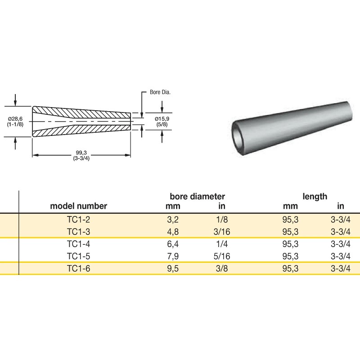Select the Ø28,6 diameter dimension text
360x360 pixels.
[16, 118]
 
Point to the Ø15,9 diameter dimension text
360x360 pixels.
[162, 118]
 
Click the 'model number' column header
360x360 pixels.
[79, 207]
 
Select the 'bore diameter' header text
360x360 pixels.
[197, 197]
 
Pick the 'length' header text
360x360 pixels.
[315, 197]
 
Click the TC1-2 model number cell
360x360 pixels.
[79, 220]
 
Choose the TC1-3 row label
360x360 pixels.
[79, 232]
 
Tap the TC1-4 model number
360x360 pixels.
[79, 244]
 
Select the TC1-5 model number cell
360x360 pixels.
[79, 256]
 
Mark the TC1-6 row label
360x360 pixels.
[79, 269]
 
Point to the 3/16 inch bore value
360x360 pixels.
[220, 232]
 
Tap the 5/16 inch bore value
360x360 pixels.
[220, 256]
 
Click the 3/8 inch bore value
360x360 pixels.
[220, 269]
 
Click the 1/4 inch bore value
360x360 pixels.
[220, 244]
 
